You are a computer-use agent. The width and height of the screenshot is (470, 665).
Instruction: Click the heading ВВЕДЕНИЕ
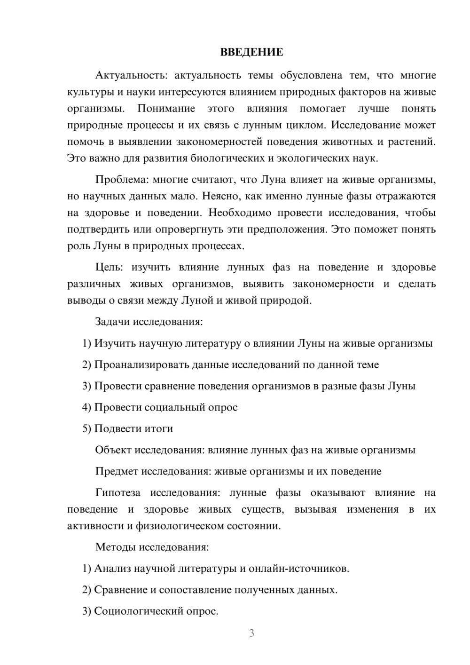[251, 52]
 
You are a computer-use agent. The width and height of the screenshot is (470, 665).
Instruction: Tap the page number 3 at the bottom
[251, 633]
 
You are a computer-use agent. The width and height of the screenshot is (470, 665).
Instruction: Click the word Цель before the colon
[108, 267]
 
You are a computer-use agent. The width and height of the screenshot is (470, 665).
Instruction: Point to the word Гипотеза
[118, 493]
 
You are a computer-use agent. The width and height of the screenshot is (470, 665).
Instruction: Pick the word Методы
[113, 547]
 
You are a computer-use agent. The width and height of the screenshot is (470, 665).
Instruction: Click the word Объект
[113, 450]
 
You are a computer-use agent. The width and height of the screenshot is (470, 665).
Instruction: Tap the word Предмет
[117, 471]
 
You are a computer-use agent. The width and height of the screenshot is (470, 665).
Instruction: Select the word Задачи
[113, 322]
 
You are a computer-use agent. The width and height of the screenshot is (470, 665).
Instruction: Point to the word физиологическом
[180, 526]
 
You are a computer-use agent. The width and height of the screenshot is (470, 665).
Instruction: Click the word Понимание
[166, 109]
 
